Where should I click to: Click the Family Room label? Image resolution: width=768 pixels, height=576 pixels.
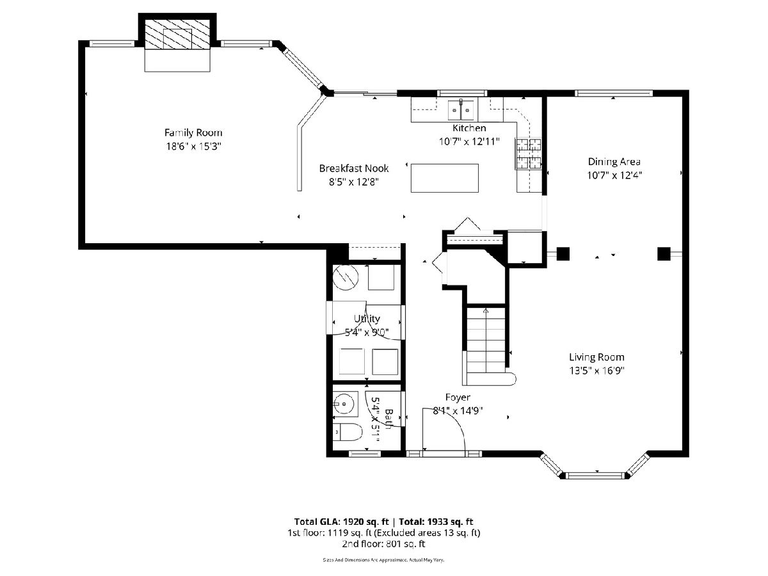[193, 133]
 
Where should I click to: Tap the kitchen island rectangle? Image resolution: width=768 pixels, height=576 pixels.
[444, 178]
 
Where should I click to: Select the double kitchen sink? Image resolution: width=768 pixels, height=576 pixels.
[461, 109]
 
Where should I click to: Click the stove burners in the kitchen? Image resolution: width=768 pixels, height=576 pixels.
[528, 154]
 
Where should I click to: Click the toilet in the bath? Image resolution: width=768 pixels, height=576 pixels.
[347, 432]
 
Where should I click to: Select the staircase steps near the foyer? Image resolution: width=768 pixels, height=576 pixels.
[486, 346]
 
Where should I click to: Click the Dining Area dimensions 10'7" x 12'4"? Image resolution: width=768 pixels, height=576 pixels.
[614, 175]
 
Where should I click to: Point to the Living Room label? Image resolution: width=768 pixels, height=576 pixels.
[596, 357]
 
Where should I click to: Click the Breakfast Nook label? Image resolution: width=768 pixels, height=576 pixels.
[354, 168]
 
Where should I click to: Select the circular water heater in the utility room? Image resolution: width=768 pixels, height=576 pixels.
[346, 278]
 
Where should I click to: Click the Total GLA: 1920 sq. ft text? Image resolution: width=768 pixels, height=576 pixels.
[342, 522]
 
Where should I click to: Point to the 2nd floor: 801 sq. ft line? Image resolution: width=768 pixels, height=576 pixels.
[383, 544]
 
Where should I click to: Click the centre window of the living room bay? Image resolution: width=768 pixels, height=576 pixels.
[595, 476]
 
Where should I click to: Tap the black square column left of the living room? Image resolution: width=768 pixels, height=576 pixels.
[563, 254]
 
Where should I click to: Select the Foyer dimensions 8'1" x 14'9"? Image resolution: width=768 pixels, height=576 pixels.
[458, 411]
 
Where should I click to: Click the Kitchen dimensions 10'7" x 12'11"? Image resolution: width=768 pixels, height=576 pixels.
[469, 141]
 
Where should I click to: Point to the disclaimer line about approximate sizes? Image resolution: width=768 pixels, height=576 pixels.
[383, 560]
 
